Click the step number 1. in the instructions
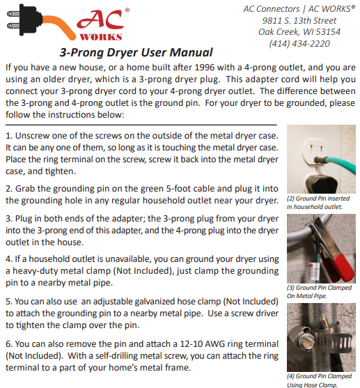click(x=9, y=134)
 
